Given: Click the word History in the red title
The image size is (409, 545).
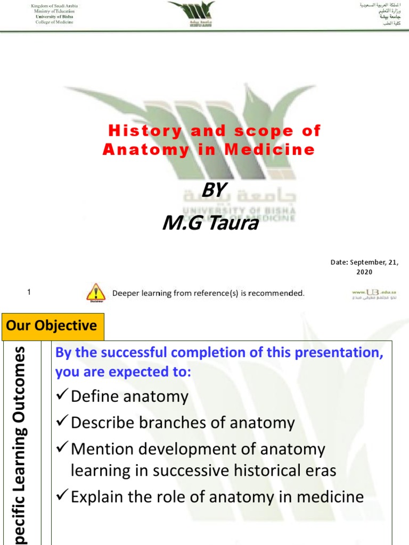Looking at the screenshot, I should point(136,130).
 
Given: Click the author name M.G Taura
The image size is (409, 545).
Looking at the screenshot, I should point(210,223).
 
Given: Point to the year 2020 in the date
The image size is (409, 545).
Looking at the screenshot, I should point(364,272).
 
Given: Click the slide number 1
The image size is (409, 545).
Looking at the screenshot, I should point(29,292).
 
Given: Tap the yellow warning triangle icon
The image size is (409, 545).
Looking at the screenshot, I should point(95,292).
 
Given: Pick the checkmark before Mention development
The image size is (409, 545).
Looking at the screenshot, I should point(62,449).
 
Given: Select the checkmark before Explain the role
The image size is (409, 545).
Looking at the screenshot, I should point(62,497).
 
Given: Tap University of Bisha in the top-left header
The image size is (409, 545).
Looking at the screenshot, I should point(54,16).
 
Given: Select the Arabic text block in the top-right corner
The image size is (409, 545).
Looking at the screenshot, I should point(379,14).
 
